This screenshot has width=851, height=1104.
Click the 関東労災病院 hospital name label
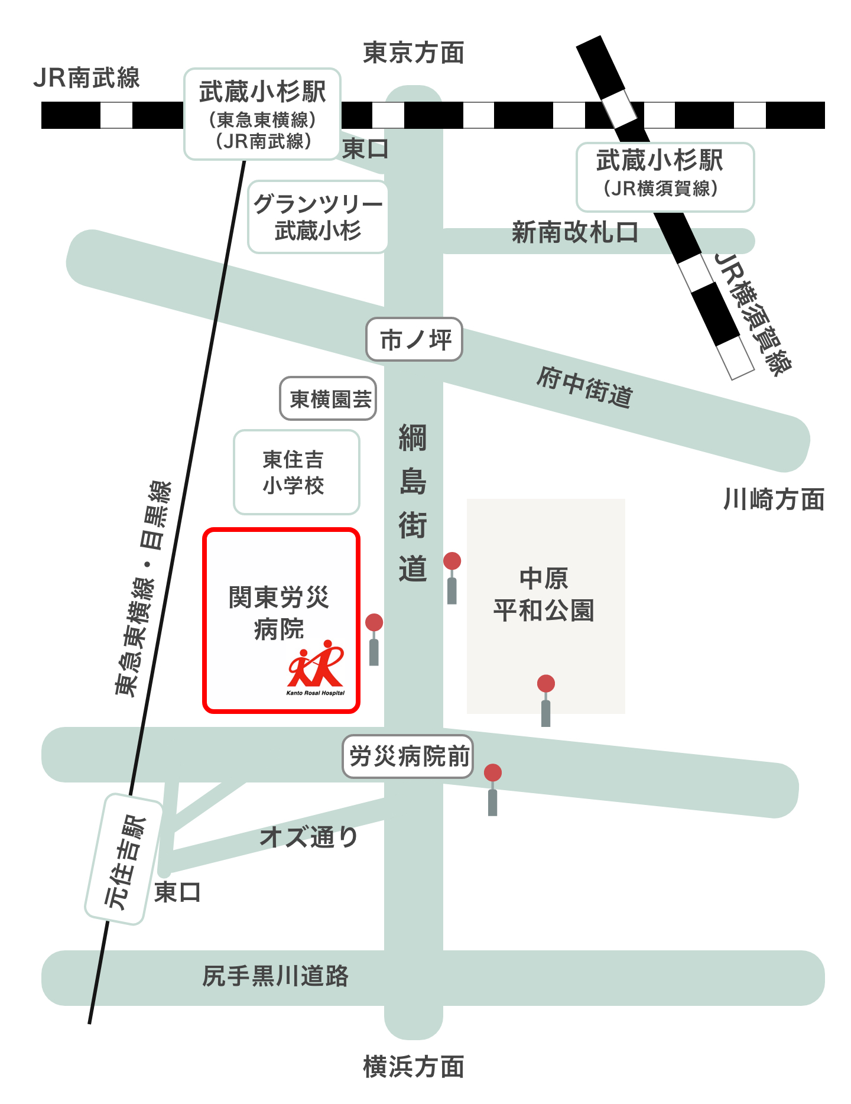tap(279, 612)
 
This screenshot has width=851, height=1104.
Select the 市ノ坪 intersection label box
tap(414, 340)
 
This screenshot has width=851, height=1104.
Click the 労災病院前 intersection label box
tap(408, 756)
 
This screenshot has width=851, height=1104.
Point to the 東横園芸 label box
tap(329, 399)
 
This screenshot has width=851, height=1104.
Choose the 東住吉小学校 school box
tap(296, 472)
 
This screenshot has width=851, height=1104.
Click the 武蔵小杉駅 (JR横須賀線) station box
tap(665, 177)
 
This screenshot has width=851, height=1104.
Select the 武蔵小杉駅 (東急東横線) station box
tap(262, 114)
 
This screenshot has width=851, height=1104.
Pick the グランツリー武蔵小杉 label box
tap(318, 217)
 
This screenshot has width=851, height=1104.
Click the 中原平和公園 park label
tap(544, 594)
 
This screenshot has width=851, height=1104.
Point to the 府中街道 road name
tap(584, 387)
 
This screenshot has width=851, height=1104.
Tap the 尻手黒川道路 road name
tap(275, 976)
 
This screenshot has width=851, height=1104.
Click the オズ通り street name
tap(309, 836)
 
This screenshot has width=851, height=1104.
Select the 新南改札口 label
tap(574, 232)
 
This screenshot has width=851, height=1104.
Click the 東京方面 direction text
tap(413, 53)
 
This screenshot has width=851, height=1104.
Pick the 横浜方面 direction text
tap(413, 1067)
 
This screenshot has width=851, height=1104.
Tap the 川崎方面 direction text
tap(774, 500)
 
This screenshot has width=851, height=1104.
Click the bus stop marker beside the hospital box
tap(374, 638)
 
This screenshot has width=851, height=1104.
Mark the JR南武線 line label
tap(86, 78)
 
